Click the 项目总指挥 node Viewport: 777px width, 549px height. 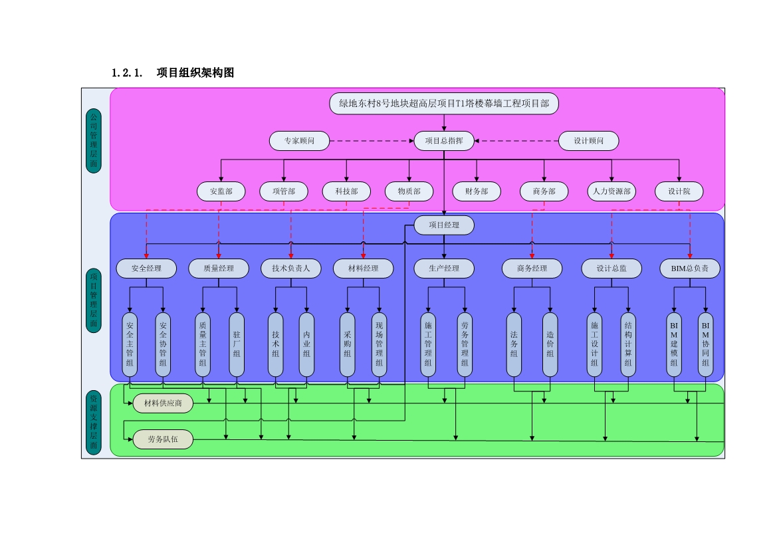tap(444, 141)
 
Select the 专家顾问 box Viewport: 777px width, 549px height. tap(300, 141)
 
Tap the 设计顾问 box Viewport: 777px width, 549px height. tap(588, 141)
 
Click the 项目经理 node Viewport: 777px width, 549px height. tap(444, 225)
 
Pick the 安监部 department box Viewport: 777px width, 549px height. tap(221, 191)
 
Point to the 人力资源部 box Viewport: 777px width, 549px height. tap(611, 191)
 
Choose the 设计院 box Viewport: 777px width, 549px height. tap(679, 191)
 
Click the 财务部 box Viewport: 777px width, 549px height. tap(477, 191)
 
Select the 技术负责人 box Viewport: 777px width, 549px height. tap(291, 269)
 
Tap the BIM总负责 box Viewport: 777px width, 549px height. tap(689, 269)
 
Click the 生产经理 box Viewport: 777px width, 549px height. tap(444, 269)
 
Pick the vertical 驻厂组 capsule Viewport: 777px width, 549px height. tap(237, 344)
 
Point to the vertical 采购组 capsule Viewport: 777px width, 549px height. tap(347, 344)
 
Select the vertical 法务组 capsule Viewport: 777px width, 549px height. tap(514, 344)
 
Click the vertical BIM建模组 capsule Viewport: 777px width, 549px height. tap(674, 344)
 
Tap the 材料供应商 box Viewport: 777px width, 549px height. tap(163, 403)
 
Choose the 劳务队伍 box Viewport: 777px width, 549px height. tap(163, 439)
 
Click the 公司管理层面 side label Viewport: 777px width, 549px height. tap(94, 141)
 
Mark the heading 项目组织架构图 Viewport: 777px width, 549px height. tap(195, 72)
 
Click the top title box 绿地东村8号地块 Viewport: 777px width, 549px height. tap(444, 103)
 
